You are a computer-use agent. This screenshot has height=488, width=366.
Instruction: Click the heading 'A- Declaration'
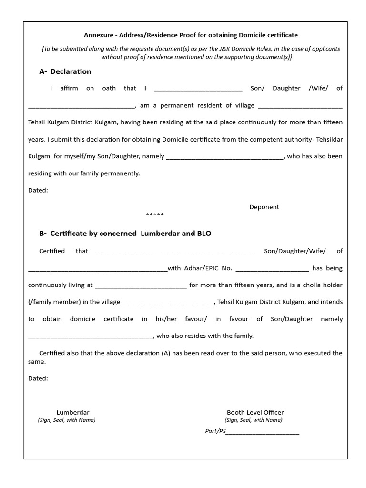[65, 71]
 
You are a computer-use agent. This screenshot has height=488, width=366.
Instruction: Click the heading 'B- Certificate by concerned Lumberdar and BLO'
[125, 234]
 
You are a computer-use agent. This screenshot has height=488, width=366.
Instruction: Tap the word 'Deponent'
[264, 207]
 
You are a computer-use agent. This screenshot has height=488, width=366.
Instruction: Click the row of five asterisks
[155, 215]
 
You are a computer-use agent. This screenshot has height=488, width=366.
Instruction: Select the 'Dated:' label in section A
[38, 190]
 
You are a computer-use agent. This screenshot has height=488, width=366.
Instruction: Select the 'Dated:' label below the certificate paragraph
[38, 378]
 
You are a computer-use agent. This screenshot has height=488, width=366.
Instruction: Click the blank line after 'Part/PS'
[263, 433]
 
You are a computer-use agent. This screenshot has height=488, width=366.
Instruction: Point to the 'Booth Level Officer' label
[255, 412]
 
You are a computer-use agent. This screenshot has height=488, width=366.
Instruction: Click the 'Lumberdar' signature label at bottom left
[73, 412]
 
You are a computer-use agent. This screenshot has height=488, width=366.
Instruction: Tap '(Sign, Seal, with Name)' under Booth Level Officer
[254, 420]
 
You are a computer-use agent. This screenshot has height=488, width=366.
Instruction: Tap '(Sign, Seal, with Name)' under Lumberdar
[67, 420]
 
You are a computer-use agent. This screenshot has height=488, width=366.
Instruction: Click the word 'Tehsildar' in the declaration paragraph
[327, 139]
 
